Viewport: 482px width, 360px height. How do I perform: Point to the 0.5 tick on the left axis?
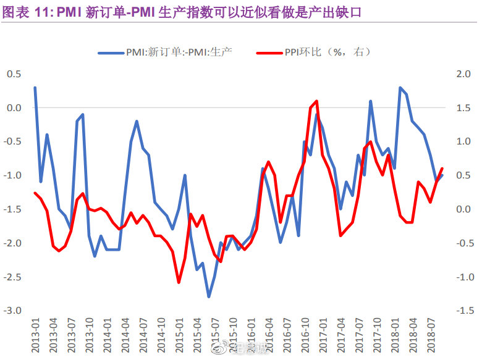tap(14, 74)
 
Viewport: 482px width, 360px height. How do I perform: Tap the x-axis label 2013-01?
tap(35, 335)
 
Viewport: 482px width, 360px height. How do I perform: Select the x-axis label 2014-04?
tap(125, 335)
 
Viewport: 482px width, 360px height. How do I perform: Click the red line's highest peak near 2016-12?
tap(316, 101)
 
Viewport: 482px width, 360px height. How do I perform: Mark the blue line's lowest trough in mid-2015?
tap(209, 297)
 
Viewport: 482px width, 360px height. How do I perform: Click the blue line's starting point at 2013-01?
tap(35, 88)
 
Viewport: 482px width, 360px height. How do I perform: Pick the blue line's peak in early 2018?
tap(400, 88)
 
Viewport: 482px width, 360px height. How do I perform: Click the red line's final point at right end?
tap(442, 169)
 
